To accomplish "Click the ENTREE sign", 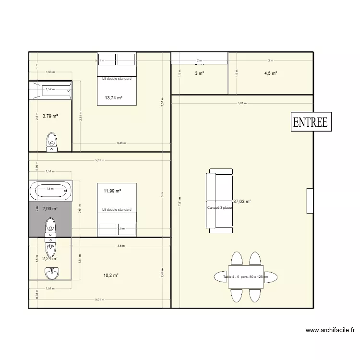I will pyautogui.click(x=310, y=122).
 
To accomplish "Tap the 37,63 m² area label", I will pyautogui.click(x=242, y=202).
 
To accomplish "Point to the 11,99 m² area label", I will pyautogui.click(x=112, y=191).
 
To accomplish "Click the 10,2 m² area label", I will pyautogui.click(x=111, y=276).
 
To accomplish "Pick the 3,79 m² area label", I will pyautogui.click(x=50, y=116).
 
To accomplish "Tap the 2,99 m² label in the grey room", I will pyautogui.click(x=50, y=209).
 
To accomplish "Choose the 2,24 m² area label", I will pyautogui.click(x=50, y=258).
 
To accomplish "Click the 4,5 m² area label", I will pyautogui.click(x=270, y=73).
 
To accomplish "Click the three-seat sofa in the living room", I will pyautogui.click(x=219, y=199).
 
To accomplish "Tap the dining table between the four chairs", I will pyautogui.click(x=245, y=278).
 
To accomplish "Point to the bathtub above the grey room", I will pyautogui.click(x=50, y=191).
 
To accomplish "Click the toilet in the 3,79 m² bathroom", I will pyautogui.click(x=52, y=140).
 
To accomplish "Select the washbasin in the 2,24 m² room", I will pyautogui.click(x=51, y=274).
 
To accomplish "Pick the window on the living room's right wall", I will pyautogui.click(x=310, y=200).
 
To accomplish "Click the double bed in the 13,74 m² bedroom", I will pyautogui.click(x=117, y=78).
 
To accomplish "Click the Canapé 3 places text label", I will pyautogui.click(x=220, y=208).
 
